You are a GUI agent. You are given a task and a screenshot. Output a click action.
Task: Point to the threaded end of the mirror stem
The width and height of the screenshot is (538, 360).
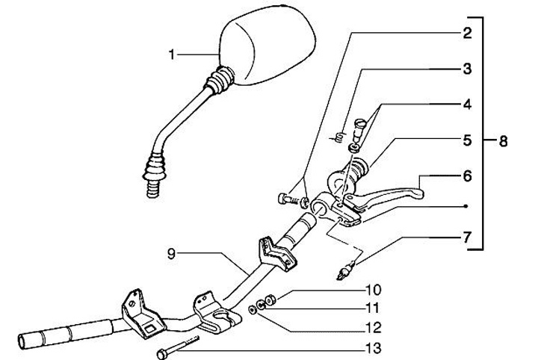152,187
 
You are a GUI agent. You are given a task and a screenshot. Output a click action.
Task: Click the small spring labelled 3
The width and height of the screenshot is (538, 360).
338,137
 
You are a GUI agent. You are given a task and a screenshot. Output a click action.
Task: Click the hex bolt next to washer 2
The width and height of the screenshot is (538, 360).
286,199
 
